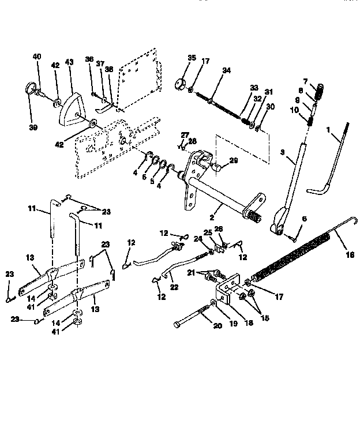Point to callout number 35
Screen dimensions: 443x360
click(x=192, y=58)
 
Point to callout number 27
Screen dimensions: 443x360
click(x=185, y=135)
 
